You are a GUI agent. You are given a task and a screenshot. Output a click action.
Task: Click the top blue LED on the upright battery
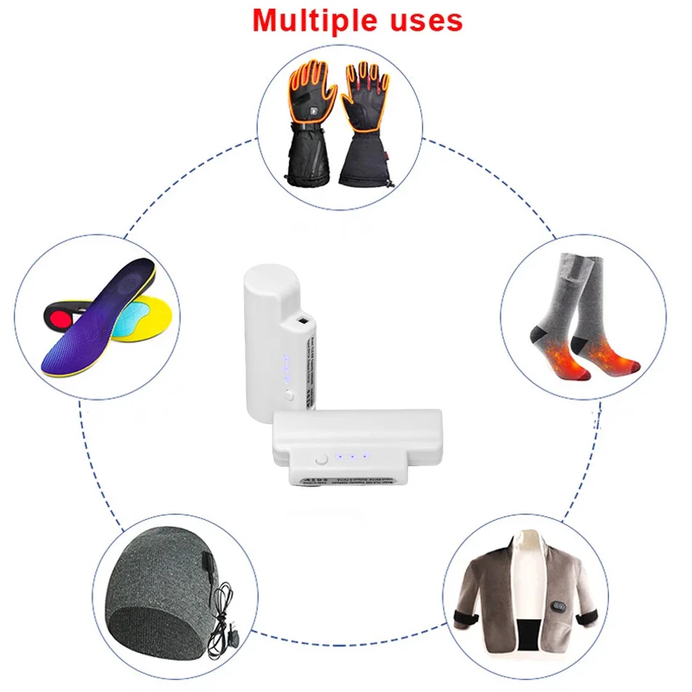point(286,358)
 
